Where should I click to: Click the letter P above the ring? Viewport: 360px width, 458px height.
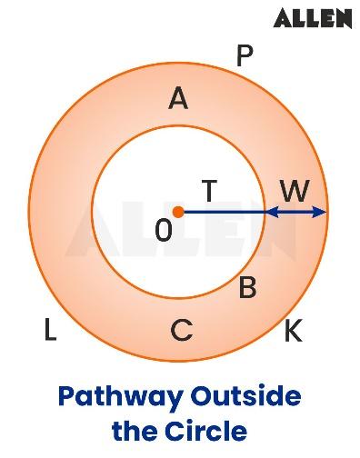point(244,56)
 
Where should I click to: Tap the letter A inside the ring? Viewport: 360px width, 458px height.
point(178,99)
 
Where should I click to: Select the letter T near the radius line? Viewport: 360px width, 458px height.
point(209,192)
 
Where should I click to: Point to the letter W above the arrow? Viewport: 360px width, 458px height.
point(294,192)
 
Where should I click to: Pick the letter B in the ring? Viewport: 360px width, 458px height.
point(246,289)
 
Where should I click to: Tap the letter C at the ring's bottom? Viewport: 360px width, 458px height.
point(182,332)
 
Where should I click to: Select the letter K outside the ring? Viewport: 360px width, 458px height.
point(293,332)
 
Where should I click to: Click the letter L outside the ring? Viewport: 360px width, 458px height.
point(50,332)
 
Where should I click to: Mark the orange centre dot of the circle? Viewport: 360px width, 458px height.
point(178,212)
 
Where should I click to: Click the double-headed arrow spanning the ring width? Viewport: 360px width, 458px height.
point(295,212)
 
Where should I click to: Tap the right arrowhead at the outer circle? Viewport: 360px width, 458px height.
point(320,212)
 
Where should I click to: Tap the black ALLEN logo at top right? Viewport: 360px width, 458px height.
point(312,17)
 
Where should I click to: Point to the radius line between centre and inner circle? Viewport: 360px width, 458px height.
point(223,212)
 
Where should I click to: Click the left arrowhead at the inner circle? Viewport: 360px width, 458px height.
point(271,212)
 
